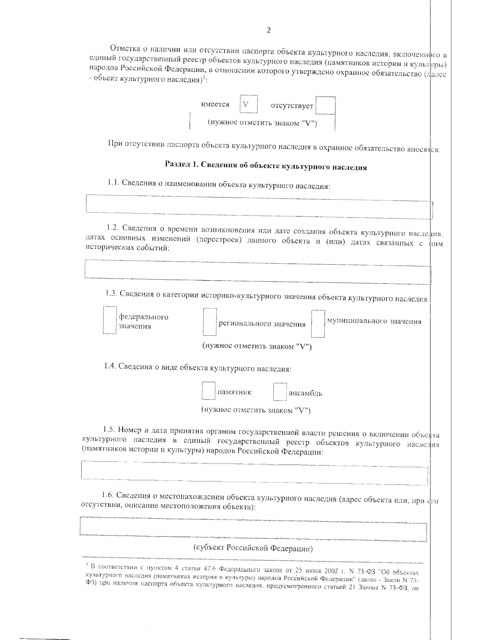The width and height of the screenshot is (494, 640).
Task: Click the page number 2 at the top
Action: pyautogui.click(x=269, y=30)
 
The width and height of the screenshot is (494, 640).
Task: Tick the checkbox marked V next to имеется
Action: pyautogui.click(x=249, y=104)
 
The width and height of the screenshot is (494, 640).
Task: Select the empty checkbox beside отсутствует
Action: pyautogui.click(x=326, y=105)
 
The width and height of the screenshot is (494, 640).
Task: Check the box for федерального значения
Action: pyautogui.click(x=110, y=319)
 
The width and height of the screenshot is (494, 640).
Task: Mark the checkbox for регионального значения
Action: pyautogui.click(x=210, y=322)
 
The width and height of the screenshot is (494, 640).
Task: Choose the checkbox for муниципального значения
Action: pyautogui.click(x=318, y=324)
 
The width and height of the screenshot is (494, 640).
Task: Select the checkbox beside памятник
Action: pyautogui.click(x=208, y=391)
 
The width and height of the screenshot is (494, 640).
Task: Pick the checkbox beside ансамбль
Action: pyautogui.click(x=280, y=392)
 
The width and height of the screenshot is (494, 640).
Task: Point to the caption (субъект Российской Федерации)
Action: pyautogui.click(x=253, y=549)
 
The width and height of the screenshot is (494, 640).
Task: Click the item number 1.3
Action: pyautogui.click(x=111, y=294)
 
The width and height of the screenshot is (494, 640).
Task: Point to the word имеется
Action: pyautogui.click(x=215, y=104)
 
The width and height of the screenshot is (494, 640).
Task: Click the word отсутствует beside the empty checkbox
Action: pyautogui.click(x=292, y=106)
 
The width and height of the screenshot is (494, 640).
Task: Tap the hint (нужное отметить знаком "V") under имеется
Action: pyautogui.click(x=262, y=123)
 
